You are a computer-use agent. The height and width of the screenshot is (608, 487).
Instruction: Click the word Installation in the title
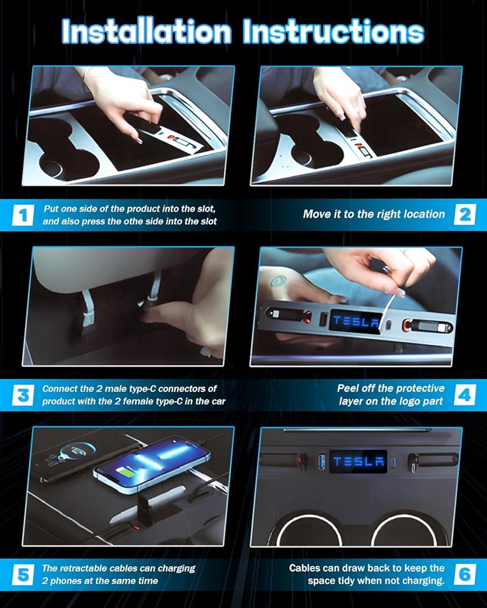click(147, 31)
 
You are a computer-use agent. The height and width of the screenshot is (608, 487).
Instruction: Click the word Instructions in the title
click(333, 31)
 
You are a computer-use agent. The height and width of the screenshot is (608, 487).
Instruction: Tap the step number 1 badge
click(23, 215)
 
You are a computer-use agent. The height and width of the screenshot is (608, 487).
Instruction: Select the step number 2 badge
click(465, 215)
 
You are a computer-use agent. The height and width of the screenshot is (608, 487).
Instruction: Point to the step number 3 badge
click(23, 395)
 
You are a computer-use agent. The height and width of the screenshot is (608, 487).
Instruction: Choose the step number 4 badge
click(465, 395)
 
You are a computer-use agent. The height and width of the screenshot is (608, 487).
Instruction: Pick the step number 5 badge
click(23, 575)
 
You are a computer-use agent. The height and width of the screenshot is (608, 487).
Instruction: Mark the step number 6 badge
click(465, 575)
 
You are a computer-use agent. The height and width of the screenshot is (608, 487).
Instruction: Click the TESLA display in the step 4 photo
click(356, 320)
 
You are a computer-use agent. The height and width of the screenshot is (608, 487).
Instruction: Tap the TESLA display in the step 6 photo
click(358, 461)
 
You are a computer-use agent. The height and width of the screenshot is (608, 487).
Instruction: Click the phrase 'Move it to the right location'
click(374, 214)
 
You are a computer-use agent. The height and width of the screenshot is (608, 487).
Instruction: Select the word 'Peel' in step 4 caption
click(348, 388)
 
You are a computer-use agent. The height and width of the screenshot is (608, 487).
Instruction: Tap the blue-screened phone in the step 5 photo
click(152, 465)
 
